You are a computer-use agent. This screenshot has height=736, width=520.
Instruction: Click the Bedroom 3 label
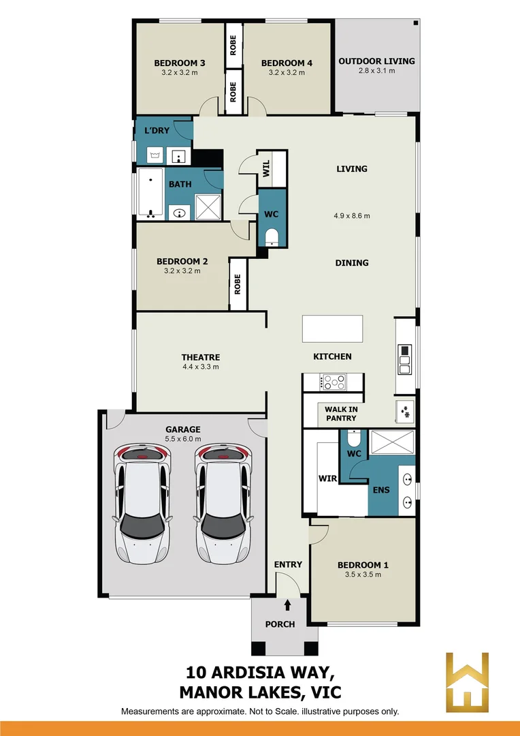point(180,63)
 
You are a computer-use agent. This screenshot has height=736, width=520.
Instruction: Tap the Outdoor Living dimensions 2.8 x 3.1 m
point(376,71)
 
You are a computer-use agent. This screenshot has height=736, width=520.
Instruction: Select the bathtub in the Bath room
point(150,194)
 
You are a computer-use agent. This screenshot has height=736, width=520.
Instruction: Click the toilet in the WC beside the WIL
point(272,236)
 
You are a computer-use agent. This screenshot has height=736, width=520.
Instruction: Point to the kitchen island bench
point(333,328)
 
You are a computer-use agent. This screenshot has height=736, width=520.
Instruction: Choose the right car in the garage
point(223,505)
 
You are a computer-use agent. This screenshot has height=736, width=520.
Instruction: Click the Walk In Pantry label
point(340,414)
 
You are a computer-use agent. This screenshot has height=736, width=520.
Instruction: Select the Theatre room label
point(200,357)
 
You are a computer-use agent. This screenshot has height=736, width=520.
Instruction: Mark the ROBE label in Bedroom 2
point(238,284)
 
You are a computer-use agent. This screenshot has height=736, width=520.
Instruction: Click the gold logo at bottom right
point(468,681)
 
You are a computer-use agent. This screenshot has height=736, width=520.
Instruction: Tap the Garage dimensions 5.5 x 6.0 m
point(183,440)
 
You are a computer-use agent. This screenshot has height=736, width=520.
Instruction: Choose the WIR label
point(328,478)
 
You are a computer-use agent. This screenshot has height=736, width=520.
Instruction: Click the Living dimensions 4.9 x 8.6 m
point(351,216)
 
